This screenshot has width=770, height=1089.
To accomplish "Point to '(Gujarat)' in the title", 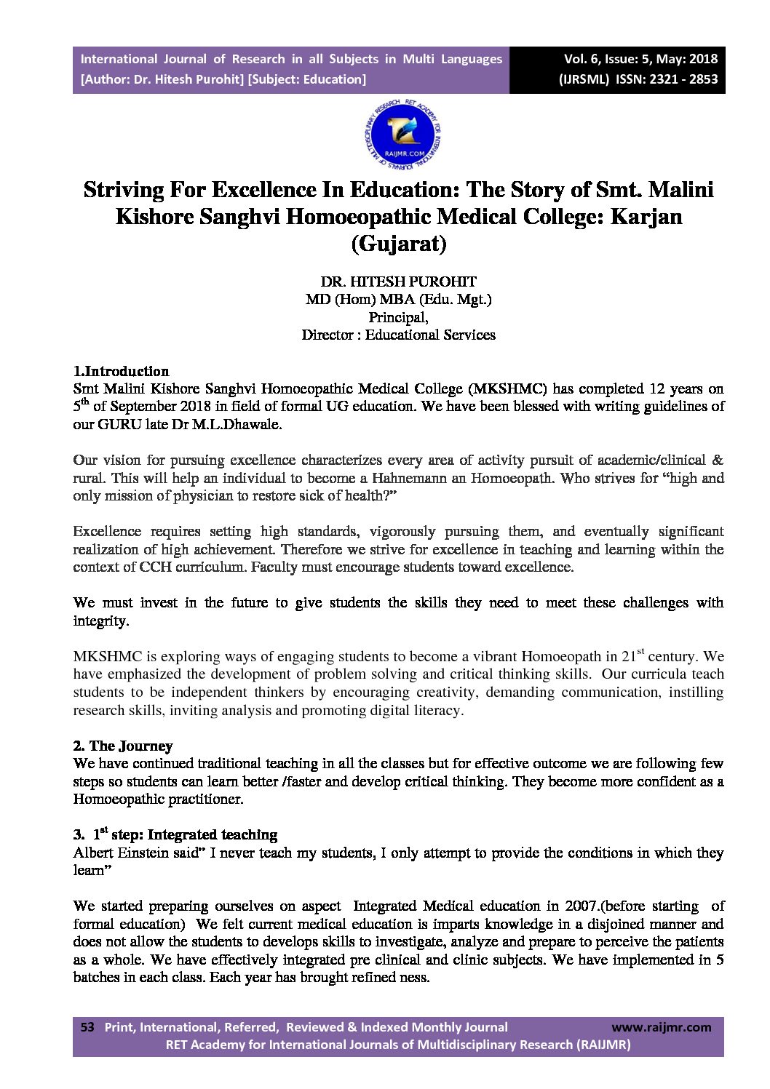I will pyautogui.click(x=398, y=243).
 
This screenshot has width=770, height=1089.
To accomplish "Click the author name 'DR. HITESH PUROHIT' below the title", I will pyautogui.click(x=398, y=282).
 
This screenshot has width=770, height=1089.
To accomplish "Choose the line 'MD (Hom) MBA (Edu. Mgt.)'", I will pyautogui.click(x=398, y=299).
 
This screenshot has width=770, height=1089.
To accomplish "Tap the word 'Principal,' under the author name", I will pyautogui.click(x=398, y=317).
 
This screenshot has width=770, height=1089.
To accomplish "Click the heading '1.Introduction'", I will pyautogui.click(x=121, y=371).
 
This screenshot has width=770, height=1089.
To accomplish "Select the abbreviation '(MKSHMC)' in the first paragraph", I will pyautogui.click(x=507, y=388).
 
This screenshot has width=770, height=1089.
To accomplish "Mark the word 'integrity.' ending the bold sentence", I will pyautogui.click(x=101, y=621).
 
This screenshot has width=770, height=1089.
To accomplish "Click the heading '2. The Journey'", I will pyautogui.click(x=122, y=746).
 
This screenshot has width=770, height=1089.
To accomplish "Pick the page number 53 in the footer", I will pyautogui.click(x=87, y=1027).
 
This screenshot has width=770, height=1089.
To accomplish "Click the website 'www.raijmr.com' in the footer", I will pyautogui.click(x=661, y=1027).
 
